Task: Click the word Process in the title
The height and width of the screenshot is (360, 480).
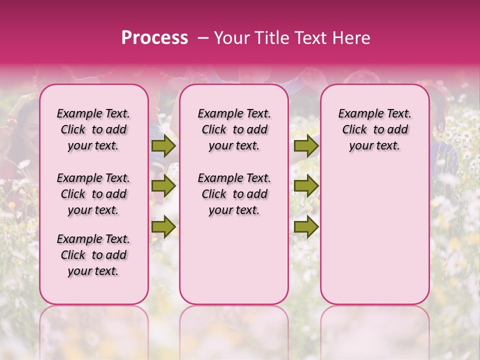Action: pos(154,38)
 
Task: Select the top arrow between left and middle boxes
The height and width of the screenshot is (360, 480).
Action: pos(163,146)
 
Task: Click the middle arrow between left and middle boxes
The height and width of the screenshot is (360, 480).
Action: pos(163,186)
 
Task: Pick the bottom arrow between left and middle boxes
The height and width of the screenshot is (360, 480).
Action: pos(163,227)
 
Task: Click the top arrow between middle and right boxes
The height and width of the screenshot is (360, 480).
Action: pos(306,146)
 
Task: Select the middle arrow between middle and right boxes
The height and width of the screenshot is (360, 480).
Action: pos(306,186)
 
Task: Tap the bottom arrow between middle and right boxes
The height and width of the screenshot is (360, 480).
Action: pos(306,227)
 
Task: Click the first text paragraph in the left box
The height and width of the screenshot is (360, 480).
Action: pos(93,129)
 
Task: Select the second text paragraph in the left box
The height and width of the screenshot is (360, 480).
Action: pos(93,194)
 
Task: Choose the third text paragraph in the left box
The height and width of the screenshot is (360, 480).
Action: pos(93,255)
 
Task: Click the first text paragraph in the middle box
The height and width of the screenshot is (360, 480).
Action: pos(234,129)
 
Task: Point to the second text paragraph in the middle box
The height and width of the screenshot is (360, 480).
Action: pos(234,194)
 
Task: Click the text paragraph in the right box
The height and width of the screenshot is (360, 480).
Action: pos(374,129)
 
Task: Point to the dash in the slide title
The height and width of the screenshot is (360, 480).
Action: pos(203,38)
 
